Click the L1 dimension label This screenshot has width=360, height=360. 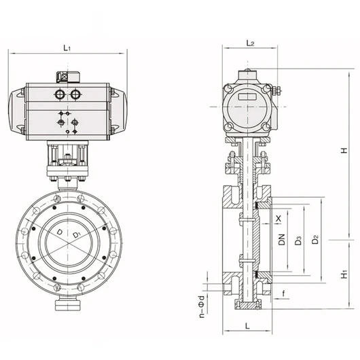67,48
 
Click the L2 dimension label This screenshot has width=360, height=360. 250,43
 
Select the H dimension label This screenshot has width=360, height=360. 344,150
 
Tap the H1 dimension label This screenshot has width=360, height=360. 344,274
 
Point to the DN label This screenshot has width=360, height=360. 282,240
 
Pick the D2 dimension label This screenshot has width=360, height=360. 315,240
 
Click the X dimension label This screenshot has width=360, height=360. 278,218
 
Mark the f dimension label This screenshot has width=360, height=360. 284,293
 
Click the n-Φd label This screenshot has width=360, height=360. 202,307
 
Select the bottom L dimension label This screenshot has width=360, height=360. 247,326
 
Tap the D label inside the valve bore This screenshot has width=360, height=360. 60,232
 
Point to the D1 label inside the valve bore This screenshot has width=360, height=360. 76,234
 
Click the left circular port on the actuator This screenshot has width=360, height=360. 60,94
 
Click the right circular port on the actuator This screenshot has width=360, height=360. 75,94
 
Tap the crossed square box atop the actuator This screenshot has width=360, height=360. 62,77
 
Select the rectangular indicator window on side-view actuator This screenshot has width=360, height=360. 247,96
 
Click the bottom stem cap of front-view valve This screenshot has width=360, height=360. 68,306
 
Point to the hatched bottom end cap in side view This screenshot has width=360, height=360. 247,305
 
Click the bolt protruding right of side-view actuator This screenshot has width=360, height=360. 277,90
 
